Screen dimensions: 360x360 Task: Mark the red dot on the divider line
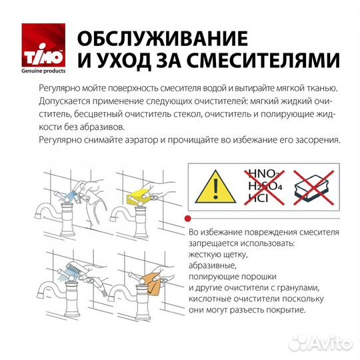[x=189, y=218]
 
